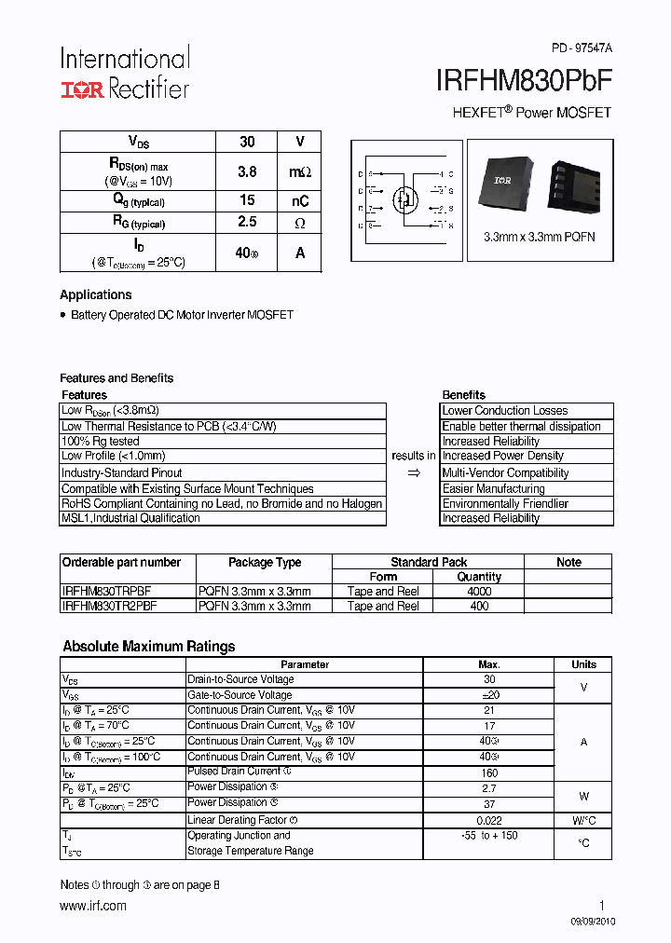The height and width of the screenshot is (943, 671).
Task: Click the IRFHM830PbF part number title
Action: point(524,81)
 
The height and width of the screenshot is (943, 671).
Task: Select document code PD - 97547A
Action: point(581,48)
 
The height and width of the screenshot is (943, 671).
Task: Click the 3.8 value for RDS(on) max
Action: point(247,171)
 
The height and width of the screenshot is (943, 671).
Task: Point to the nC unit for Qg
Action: point(299,201)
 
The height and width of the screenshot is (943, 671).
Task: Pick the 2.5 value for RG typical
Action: point(247,223)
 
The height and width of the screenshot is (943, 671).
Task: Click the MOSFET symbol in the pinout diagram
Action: point(404,198)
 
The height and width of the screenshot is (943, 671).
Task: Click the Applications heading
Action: point(96,294)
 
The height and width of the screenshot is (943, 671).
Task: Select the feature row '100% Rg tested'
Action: point(101,441)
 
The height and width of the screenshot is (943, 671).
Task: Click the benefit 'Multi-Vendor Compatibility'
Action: point(505,472)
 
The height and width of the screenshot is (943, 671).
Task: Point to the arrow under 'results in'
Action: point(414,473)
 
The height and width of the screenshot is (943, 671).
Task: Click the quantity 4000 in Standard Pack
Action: point(479,591)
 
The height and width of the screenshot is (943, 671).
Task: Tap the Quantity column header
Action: point(479,577)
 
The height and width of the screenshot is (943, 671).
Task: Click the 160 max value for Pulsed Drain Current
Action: point(488,772)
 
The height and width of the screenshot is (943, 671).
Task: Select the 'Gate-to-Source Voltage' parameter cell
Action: point(240,694)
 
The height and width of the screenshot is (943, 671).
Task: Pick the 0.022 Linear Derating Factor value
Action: point(488,820)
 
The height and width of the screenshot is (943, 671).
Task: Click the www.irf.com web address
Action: point(93,905)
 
